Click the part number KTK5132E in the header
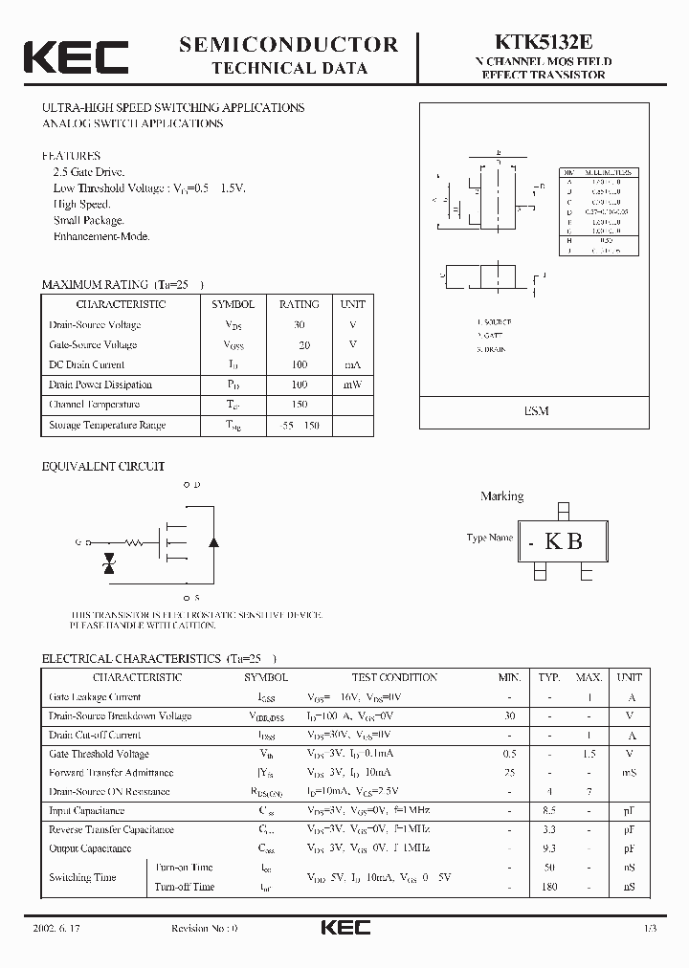pos(544,42)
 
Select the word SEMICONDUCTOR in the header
pos(289,44)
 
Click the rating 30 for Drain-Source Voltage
pos(299,325)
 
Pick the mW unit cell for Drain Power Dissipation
pos(352,385)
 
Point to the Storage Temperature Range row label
pos(107,425)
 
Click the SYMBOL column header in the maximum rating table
pos(233,304)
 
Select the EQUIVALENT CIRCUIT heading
pos(103,467)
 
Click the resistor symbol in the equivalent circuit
pos(135,542)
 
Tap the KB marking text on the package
pos(564,541)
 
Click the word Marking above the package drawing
pos(501,496)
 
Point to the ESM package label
pos(536,410)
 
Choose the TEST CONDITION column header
pos(394,677)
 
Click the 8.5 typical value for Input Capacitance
pos(549,810)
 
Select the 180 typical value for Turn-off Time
pos(549,887)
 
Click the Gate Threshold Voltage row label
pos(99,754)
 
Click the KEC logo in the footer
pos(344,928)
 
